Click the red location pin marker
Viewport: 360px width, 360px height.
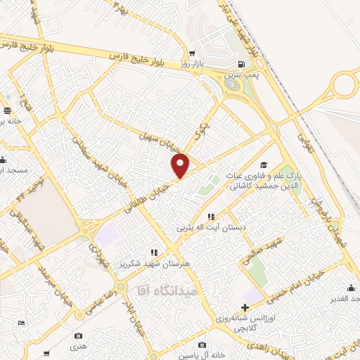point(181,166)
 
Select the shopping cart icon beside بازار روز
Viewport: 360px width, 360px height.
point(191,53)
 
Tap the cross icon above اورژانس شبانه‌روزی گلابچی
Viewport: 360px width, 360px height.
point(245,307)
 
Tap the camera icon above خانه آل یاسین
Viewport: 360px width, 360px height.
point(202,345)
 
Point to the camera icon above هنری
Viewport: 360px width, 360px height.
point(78,336)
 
